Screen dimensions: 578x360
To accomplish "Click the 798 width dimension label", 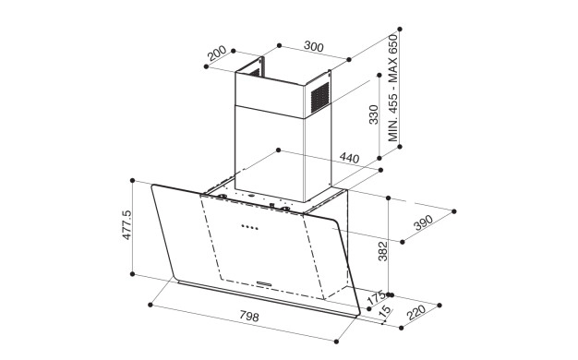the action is coord(249,316).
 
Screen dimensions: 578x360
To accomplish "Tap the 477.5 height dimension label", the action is coord(126,225).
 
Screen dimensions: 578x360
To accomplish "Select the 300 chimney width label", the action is coord(314,46).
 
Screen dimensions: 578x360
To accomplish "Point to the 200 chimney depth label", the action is coord(216,53).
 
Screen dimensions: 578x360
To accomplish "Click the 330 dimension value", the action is coord(373,114).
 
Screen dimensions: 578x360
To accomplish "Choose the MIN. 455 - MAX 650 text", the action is coord(393,88).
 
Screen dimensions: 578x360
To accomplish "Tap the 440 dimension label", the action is coord(349,158).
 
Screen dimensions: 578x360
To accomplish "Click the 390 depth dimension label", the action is coord(423,222).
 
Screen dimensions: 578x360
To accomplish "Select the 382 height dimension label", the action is coord(383,251).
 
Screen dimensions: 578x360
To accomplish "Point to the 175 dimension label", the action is coord(377,298).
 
